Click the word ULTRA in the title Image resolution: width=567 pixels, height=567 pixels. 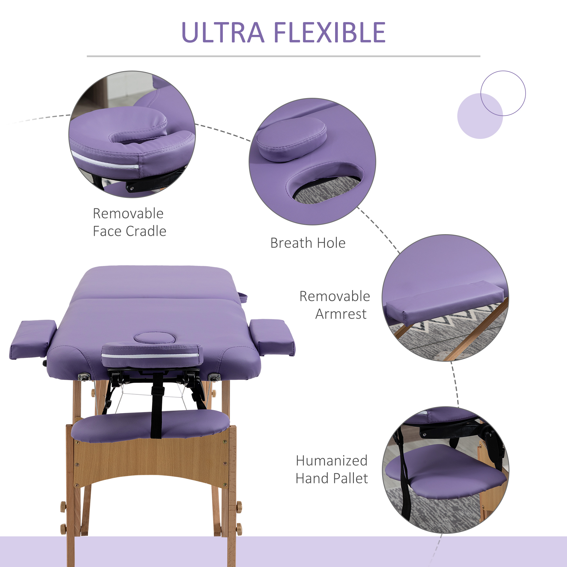[x=223, y=33]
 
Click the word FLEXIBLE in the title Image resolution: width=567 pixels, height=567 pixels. [x=330, y=33]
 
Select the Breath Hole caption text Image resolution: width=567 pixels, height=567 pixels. [x=308, y=243]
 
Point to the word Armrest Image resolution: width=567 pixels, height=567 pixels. [x=341, y=314]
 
